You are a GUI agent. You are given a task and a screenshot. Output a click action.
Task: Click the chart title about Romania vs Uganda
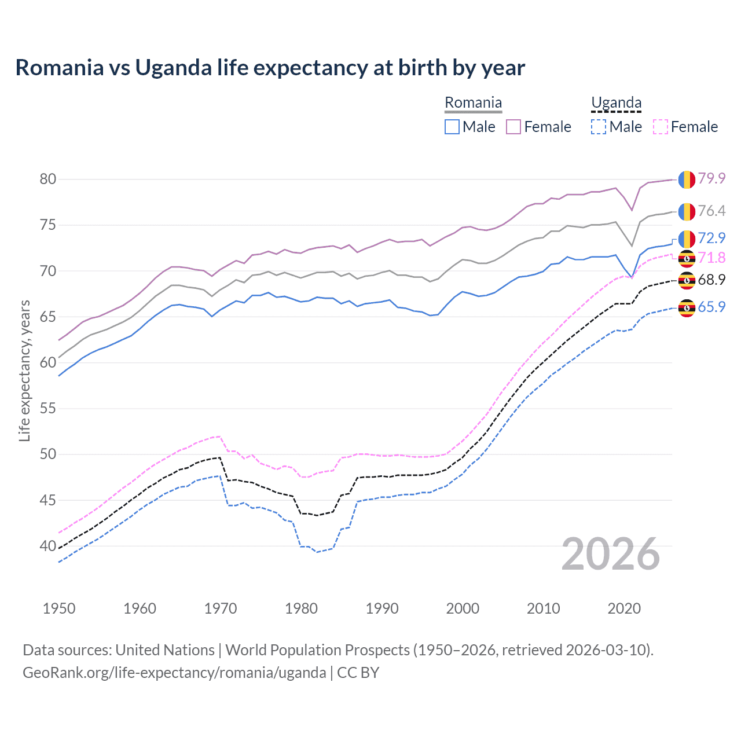pyautogui.click(x=270, y=68)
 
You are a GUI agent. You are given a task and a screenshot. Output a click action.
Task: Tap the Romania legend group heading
pyautogui.click(x=473, y=103)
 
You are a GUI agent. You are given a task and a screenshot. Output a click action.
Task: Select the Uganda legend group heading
pyautogui.click(x=616, y=103)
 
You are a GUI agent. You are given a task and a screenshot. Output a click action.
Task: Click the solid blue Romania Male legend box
pyautogui.click(x=452, y=127)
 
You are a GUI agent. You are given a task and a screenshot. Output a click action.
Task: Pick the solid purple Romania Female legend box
pyautogui.click(x=513, y=127)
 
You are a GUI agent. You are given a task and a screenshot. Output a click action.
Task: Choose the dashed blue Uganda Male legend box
pyautogui.click(x=599, y=127)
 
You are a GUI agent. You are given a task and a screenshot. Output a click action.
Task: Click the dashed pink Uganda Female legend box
pyautogui.click(x=661, y=127)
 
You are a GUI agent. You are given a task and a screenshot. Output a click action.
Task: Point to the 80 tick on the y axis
pyautogui.click(x=48, y=179)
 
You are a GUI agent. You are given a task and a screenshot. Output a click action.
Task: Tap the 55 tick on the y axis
pyautogui.click(x=48, y=408)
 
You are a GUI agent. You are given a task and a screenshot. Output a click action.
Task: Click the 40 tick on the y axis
pyautogui.click(x=48, y=546)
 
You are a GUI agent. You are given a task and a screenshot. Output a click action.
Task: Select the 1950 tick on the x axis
pyautogui.click(x=59, y=608)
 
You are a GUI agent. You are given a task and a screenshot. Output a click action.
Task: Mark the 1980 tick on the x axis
pyautogui.click(x=301, y=608)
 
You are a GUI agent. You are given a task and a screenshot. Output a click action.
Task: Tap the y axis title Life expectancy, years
pyautogui.click(x=24, y=370)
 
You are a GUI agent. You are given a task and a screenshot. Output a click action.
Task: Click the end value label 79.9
pyautogui.click(x=711, y=178)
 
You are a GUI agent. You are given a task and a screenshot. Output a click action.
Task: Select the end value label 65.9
pyautogui.click(x=711, y=307)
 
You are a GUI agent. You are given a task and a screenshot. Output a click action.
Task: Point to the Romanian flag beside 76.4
pyautogui.click(x=687, y=212)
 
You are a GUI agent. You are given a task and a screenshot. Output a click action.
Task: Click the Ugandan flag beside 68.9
pyautogui.click(x=687, y=281)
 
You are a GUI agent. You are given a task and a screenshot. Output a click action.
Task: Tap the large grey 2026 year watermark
pyautogui.click(x=611, y=554)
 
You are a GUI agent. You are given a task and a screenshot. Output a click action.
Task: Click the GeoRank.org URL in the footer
pyautogui.click(x=174, y=673)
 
